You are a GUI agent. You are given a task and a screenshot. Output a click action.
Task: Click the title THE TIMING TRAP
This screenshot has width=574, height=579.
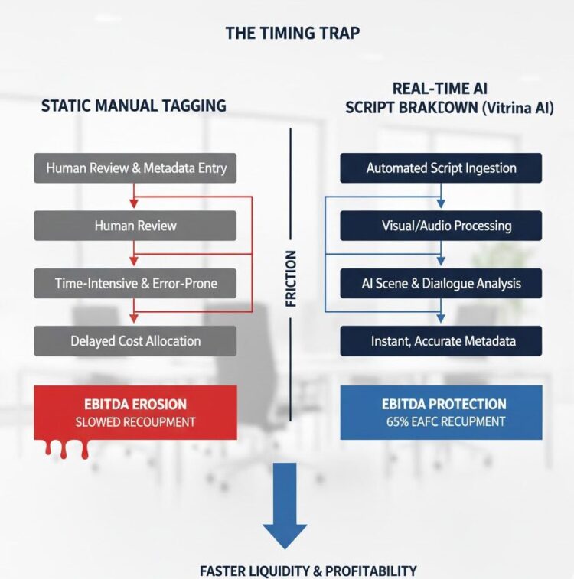pyautogui.click(x=293, y=34)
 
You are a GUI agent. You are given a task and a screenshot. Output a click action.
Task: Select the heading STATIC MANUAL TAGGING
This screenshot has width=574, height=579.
pyautogui.click(x=134, y=106)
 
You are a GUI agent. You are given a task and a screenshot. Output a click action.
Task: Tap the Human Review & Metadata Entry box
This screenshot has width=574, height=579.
pyautogui.click(x=136, y=168)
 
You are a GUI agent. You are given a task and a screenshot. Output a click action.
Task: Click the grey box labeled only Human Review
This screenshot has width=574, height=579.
pyautogui.click(x=136, y=225)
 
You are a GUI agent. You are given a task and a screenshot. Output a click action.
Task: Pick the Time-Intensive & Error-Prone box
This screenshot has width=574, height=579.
pyautogui.click(x=136, y=283)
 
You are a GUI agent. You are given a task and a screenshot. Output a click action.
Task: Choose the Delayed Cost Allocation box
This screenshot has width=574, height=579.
pyautogui.click(x=136, y=340)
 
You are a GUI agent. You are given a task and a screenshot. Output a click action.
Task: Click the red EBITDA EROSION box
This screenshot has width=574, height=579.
pyautogui.click(x=135, y=412)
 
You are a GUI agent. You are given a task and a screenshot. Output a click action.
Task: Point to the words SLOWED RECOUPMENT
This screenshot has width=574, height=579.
pyautogui.click(x=135, y=422)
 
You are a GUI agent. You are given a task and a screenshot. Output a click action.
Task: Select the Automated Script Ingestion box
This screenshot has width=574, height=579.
pyautogui.click(x=441, y=168)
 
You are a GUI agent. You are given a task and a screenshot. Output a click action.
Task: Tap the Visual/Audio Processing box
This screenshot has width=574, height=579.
pyautogui.click(x=441, y=225)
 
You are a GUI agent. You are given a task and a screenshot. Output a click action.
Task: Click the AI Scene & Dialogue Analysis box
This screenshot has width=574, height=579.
pyautogui.click(x=441, y=283)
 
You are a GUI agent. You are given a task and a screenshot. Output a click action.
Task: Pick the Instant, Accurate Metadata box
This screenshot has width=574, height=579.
pyautogui.click(x=441, y=340)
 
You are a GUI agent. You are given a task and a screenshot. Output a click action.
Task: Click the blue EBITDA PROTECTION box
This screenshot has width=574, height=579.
pyautogui.click(x=441, y=412)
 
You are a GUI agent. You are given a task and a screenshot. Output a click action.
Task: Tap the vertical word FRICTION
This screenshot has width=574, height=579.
pyautogui.click(x=291, y=279)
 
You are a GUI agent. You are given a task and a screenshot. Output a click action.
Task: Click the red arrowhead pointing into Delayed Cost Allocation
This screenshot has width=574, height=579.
pyautogui.click(x=135, y=319)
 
